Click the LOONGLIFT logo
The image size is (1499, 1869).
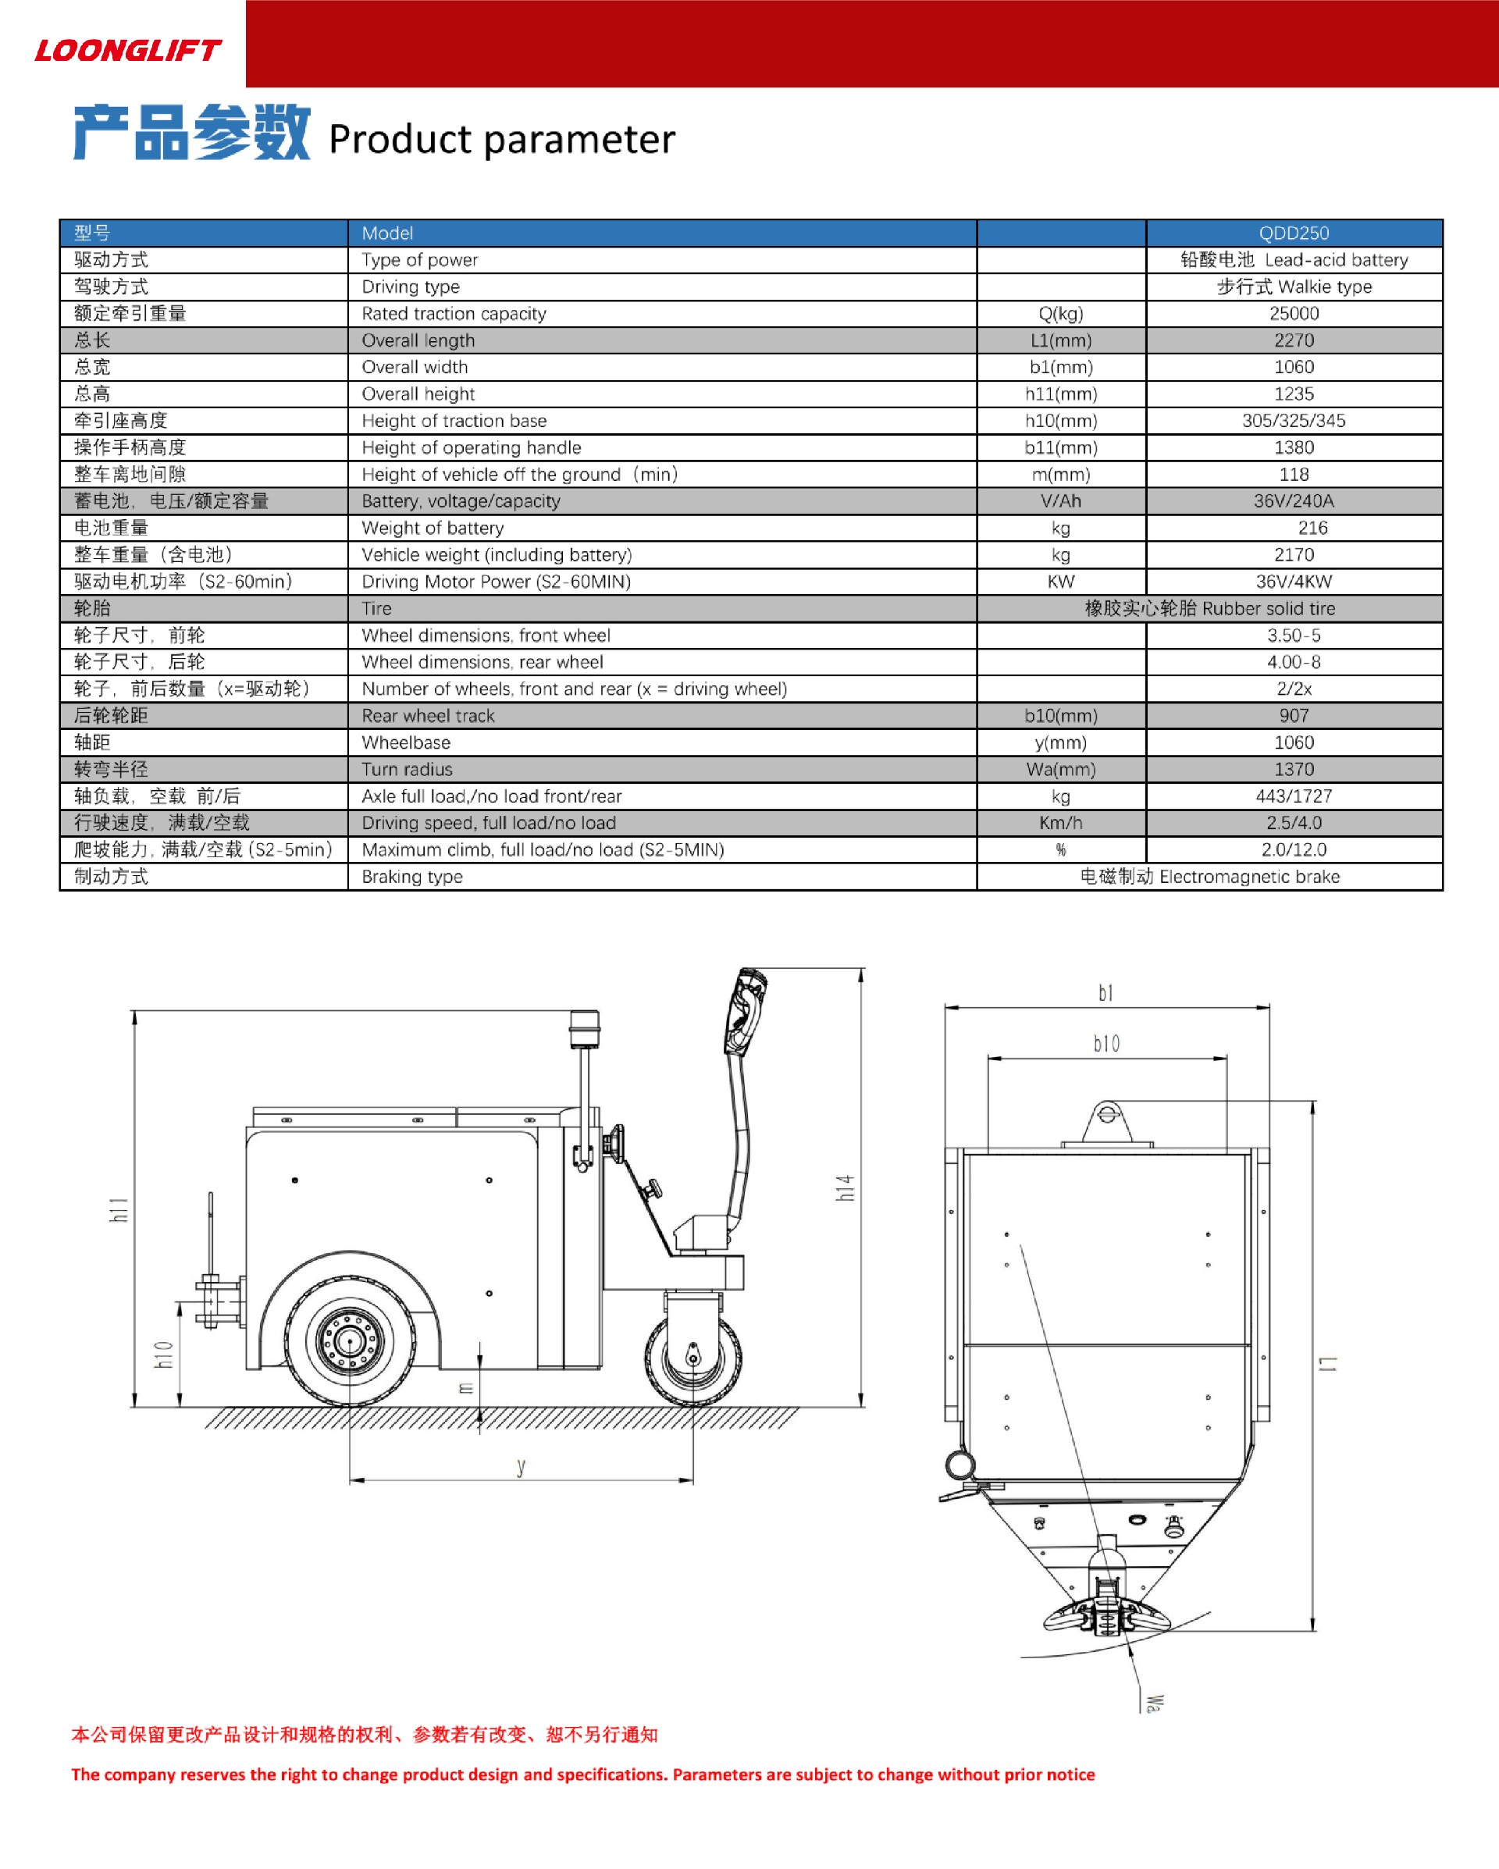click(x=127, y=50)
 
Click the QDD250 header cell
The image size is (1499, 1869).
click(x=1294, y=233)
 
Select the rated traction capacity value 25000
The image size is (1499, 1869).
click(x=1294, y=313)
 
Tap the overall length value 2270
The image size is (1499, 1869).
click(x=1294, y=340)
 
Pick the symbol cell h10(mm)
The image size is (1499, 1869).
click(x=1060, y=421)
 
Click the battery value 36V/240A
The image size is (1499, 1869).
click(x=1294, y=501)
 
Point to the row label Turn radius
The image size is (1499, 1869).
click(x=407, y=769)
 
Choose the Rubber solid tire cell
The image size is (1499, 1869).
click(x=1209, y=608)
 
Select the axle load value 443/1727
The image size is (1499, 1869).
click(x=1294, y=796)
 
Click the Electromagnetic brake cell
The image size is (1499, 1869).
click(x=1209, y=877)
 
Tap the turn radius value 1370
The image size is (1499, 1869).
click(x=1294, y=769)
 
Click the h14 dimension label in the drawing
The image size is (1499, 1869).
click(x=846, y=1187)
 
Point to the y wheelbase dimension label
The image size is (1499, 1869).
click(x=521, y=1466)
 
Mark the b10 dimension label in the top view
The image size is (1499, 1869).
click(x=1106, y=1044)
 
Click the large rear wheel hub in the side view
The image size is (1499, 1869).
click(x=350, y=1342)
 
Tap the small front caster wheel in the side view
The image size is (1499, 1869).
click(x=693, y=1359)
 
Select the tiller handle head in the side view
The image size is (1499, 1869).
click(x=746, y=1013)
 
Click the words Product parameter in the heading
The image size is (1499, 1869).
click(x=501, y=139)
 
